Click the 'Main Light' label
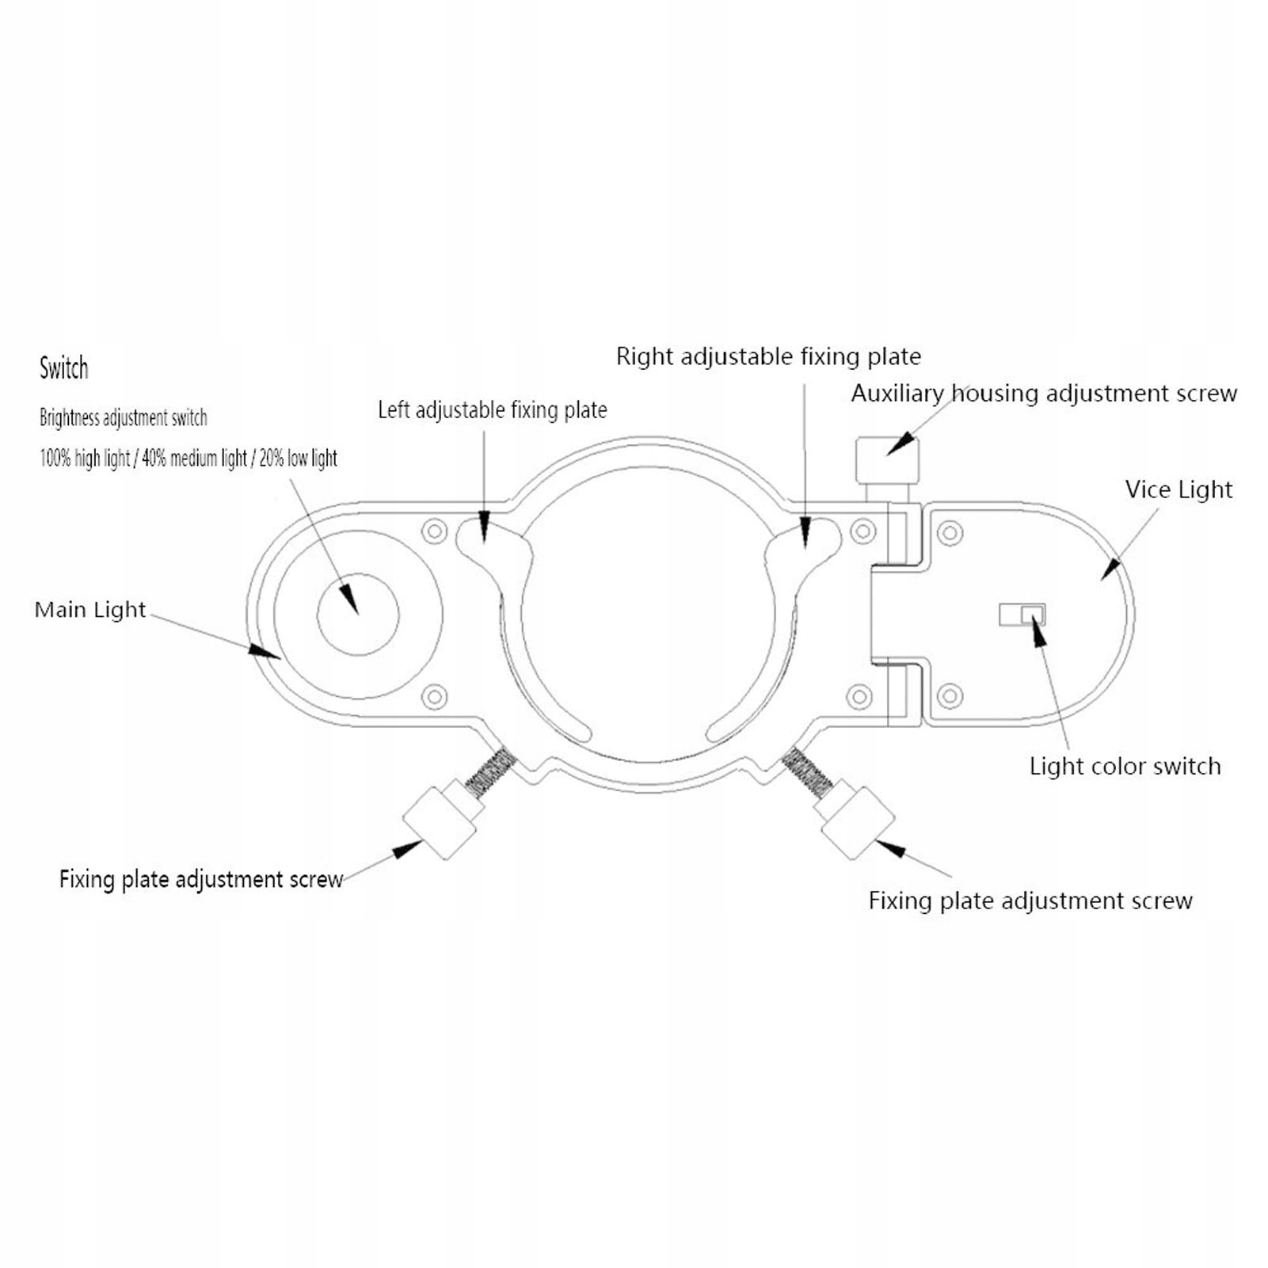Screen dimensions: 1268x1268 (90, 610)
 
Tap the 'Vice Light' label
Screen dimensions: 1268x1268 (1179, 489)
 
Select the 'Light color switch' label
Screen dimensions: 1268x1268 (1125, 766)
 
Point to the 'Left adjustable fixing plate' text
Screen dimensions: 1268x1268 (492, 409)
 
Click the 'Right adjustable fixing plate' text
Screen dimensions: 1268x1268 (768, 356)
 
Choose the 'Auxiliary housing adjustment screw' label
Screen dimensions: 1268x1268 (1044, 393)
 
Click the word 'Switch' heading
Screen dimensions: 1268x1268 (64, 368)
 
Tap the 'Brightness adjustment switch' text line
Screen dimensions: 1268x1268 (124, 417)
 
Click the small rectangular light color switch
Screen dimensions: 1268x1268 (1022, 614)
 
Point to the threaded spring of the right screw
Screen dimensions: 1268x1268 (806, 770)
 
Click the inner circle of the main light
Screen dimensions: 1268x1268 (358, 615)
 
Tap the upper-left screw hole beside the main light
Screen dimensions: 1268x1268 (435, 531)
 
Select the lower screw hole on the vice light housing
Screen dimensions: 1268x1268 (950, 696)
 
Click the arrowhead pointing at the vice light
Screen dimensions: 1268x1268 (1110, 569)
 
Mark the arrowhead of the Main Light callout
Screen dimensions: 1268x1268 (265, 651)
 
